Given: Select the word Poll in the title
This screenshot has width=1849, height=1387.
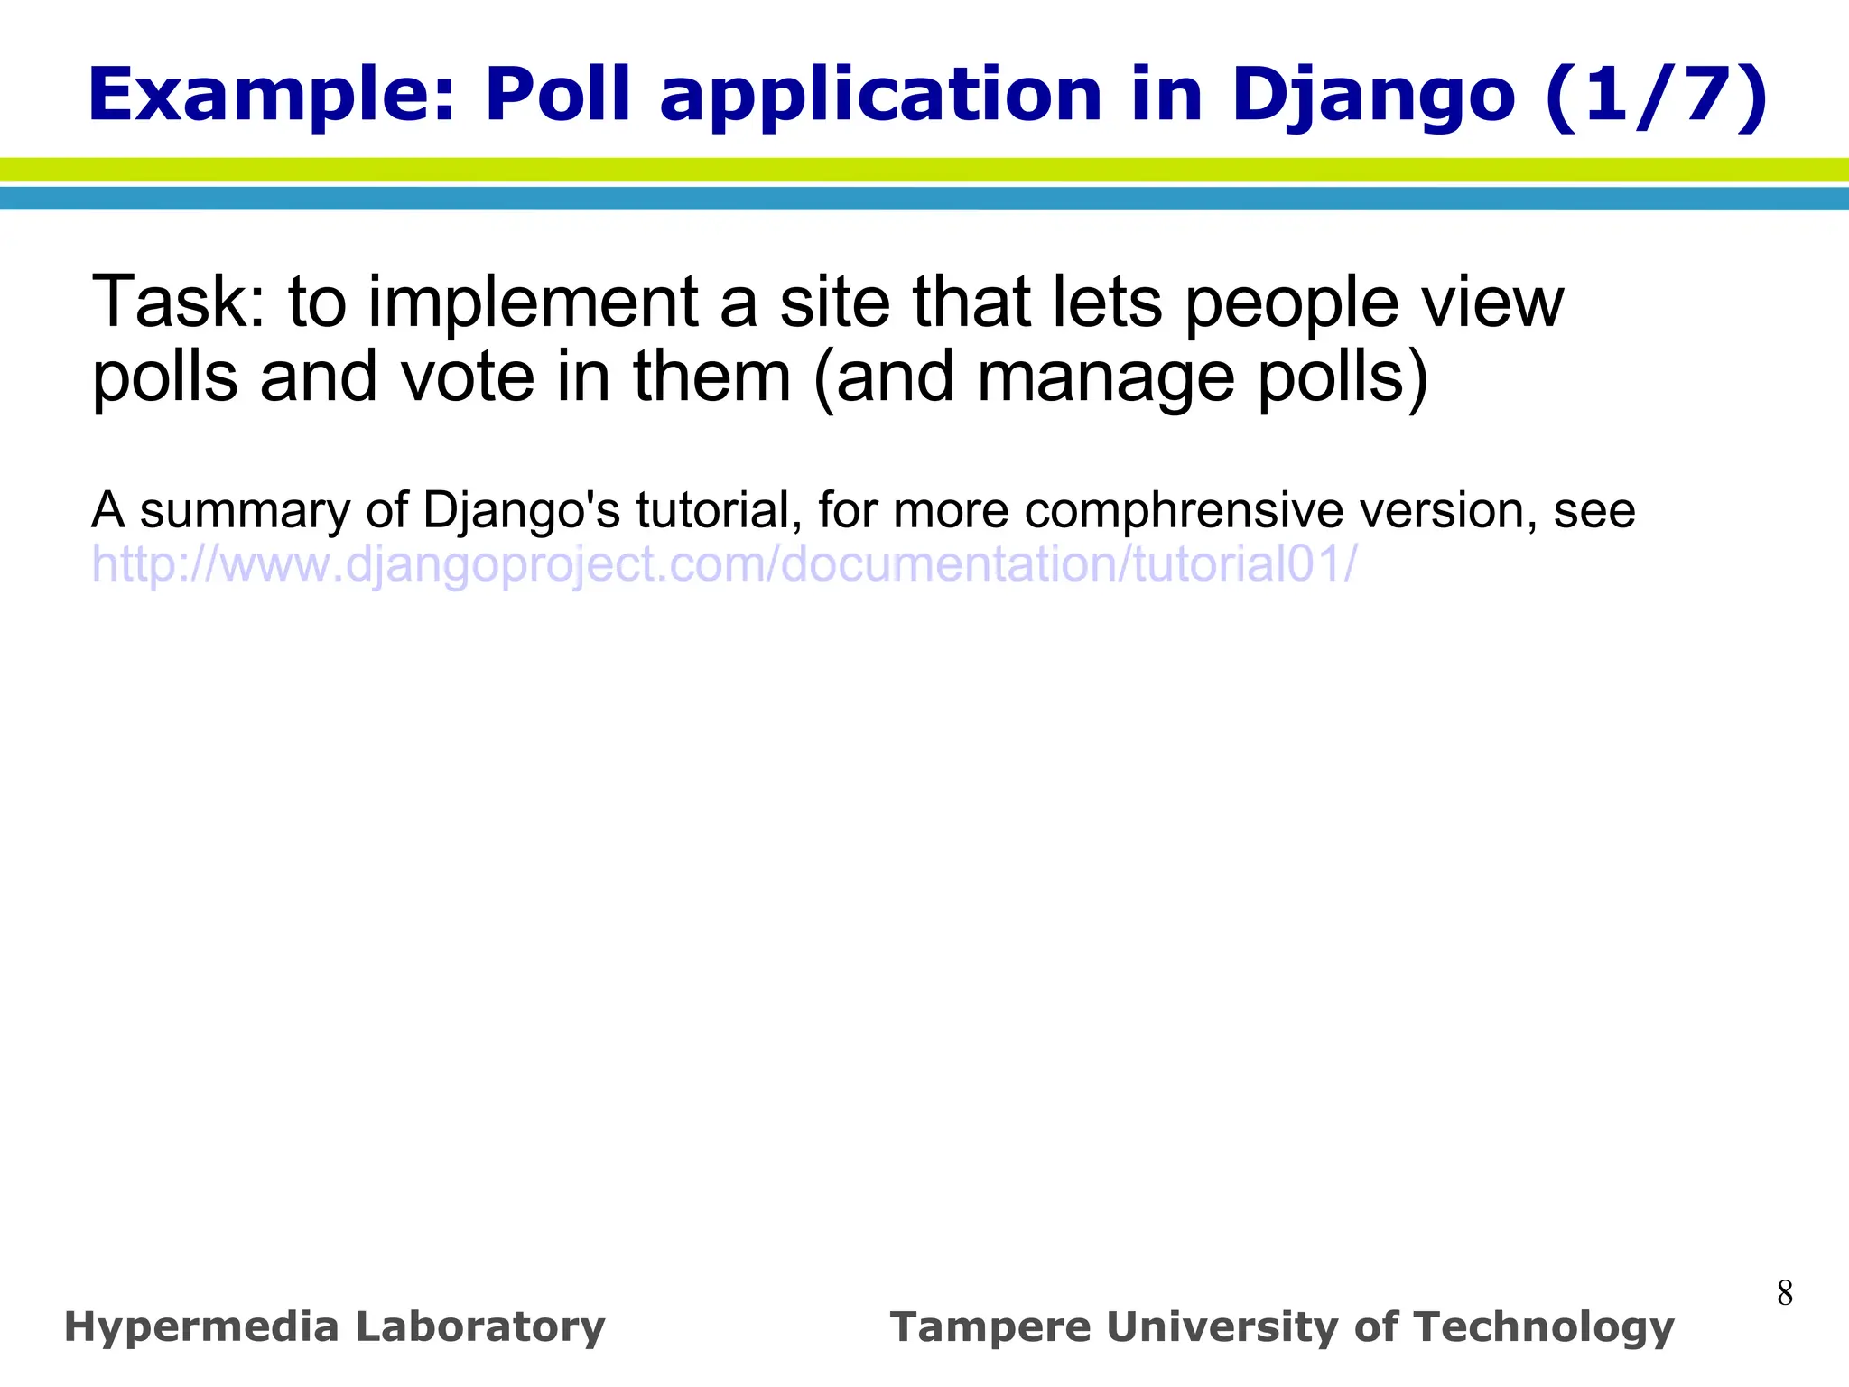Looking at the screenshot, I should click(x=557, y=95).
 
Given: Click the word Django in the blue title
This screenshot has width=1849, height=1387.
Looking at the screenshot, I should click(x=1372, y=97).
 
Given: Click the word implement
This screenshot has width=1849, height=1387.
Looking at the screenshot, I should click(x=533, y=303).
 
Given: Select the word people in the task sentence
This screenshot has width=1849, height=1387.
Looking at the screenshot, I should click(x=1292, y=303).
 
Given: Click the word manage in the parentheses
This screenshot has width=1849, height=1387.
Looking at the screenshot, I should click(x=1106, y=378).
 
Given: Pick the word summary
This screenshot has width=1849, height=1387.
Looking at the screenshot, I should click(x=243, y=512).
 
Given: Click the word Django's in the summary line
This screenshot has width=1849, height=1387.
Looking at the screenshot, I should click(x=521, y=512).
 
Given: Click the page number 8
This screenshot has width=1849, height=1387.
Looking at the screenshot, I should click(x=1784, y=1293).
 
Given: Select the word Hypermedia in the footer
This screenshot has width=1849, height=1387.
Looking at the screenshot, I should click(x=201, y=1328).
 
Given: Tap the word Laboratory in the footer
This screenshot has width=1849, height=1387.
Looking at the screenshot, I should click(x=480, y=1328).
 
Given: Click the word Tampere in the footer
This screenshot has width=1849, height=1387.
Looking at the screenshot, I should click(x=990, y=1328).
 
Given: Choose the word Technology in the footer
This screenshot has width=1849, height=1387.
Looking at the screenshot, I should click(x=1544, y=1328).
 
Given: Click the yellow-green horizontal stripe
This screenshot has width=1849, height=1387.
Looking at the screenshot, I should click(x=924, y=169).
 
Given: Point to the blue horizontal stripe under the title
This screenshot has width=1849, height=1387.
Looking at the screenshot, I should click(x=924, y=199).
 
